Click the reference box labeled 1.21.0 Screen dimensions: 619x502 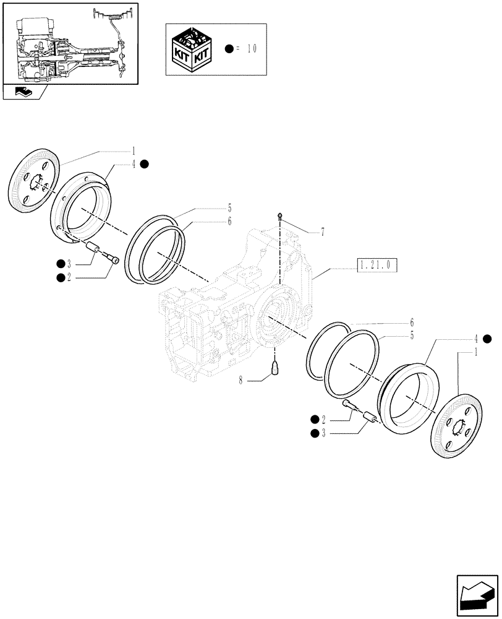(x=376, y=266)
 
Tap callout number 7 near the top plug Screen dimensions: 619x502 (x=322, y=233)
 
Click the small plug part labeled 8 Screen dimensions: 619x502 (x=276, y=370)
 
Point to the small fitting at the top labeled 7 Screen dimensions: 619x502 (x=280, y=215)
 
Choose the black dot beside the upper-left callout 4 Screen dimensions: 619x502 (x=144, y=164)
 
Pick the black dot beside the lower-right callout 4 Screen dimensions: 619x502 (x=488, y=338)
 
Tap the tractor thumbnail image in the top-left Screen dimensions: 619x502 (x=70, y=43)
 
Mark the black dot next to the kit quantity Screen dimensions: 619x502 (x=229, y=49)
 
